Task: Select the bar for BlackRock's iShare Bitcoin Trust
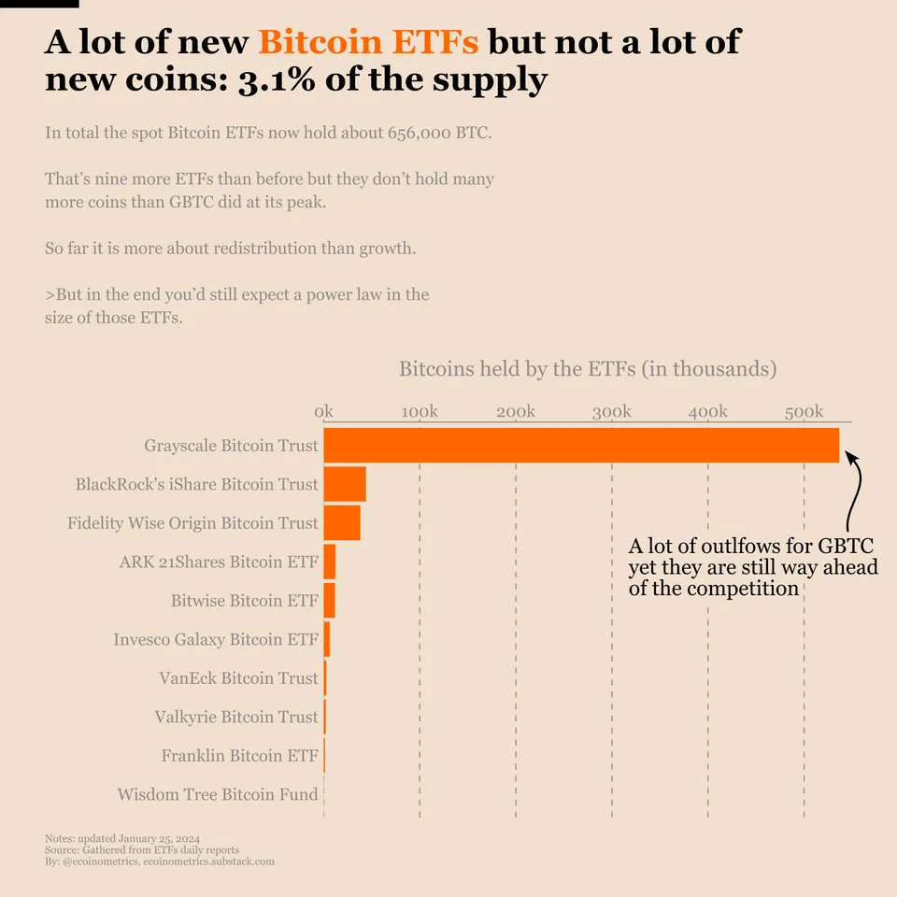tap(345, 484)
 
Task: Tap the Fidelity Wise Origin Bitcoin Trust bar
tap(342, 522)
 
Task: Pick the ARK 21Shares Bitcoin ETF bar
tap(330, 562)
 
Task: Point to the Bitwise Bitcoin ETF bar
tap(330, 600)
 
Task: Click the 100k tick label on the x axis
tap(420, 412)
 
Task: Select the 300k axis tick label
tap(612, 412)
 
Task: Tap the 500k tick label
tap(804, 412)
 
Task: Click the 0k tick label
tap(324, 412)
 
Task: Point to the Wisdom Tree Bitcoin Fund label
tap(218, 795)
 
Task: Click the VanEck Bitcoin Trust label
tap(239, 678)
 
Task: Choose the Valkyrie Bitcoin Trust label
tap(236, 718)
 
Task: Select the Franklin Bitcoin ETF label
tap(240, 756)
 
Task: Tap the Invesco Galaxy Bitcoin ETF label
tap(216, 640)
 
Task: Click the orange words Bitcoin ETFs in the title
tap(368, 42)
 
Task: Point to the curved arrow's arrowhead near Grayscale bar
tap(849, 455)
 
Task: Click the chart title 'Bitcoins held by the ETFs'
tap(588, 368)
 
